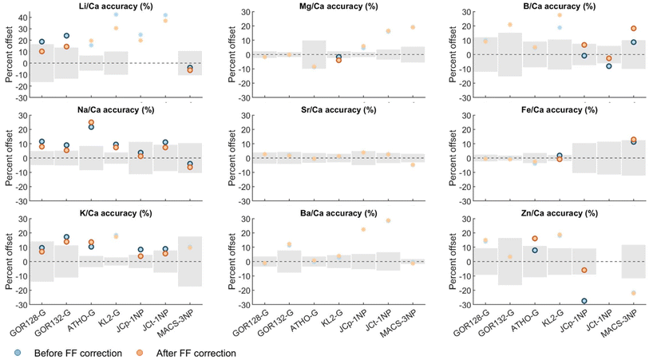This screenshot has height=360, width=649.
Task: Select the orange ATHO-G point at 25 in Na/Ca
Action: coord(91,122)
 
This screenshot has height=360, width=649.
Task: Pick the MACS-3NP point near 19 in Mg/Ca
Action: coord(414,27)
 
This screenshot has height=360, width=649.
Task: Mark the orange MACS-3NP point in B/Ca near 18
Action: coord(633,29)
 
